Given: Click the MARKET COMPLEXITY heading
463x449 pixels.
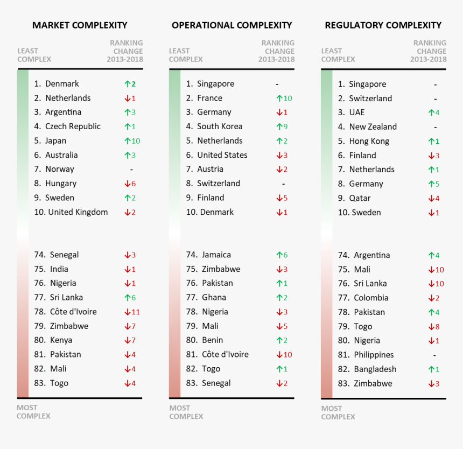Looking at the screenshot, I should tap(80, 25).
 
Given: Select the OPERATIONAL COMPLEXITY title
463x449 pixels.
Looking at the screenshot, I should tap(231, 25).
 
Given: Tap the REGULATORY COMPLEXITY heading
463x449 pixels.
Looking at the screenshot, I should tap(383, 25).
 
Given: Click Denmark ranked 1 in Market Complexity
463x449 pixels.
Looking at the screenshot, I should tap(62, 84).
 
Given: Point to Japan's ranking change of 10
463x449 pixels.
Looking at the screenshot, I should tap(132, 141).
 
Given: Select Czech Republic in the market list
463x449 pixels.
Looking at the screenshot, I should tap(73, 127).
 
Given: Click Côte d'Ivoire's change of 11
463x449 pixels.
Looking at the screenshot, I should tap(132, 312).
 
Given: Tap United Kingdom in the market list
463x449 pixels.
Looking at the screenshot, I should tap(78, 212).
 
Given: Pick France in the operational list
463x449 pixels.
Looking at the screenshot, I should tap(209, 98).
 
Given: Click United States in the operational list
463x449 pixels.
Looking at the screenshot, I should tap(222, 155).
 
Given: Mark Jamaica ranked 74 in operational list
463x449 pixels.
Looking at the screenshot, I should tap(216, 255).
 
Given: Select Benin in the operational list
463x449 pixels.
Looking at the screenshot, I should tap(212, 340).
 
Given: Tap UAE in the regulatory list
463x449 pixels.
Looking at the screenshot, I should tap(356, 113).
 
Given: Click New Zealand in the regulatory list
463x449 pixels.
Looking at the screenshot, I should tap(373, 127).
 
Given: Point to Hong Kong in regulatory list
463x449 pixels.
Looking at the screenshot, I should tap(369, 141).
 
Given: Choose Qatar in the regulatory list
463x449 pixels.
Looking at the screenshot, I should tap(360, 198).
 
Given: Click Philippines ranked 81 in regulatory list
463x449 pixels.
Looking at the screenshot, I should tap(374, 355).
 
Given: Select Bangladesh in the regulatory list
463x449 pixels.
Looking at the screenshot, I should tap(375, 369).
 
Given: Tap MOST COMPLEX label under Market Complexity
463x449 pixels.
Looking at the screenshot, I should tap(33, 412).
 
